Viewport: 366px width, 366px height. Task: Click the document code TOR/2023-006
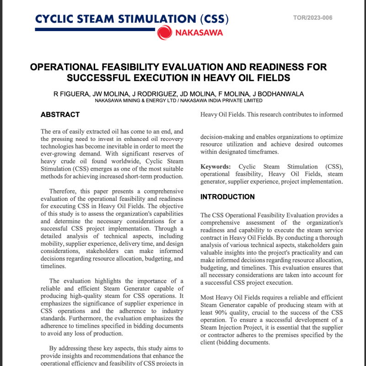(312, 18)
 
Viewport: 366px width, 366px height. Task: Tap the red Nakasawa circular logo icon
(164, 32)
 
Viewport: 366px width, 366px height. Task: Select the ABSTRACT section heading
(60, 114)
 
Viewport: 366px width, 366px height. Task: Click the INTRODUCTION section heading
(227, 197)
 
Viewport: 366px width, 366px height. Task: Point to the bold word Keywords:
(215, 167)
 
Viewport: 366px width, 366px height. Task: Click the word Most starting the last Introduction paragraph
(208, 298)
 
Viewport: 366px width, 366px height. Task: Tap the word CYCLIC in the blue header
(54, 19)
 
